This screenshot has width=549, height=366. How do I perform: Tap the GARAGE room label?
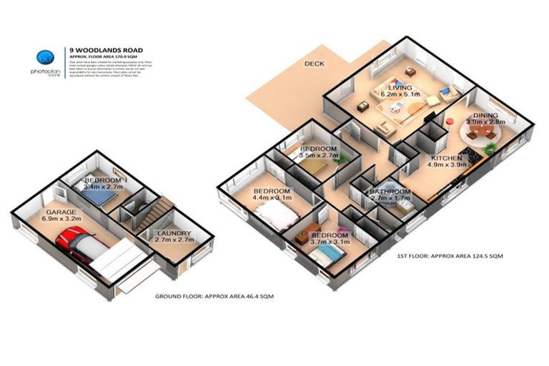[x=61, y=213]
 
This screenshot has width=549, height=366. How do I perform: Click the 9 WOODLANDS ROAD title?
[x=106, y=49]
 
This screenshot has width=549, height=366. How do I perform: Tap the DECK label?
[x=315, y=64]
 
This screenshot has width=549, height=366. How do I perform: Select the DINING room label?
[x=485, y=114]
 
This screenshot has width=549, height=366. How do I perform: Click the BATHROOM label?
[x=390, y=192]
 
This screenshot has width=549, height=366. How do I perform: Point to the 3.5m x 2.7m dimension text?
[x=318, y=154]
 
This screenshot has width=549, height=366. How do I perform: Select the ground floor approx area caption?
[x=215, y=295]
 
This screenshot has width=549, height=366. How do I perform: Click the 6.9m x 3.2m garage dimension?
[x=61, y=221]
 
